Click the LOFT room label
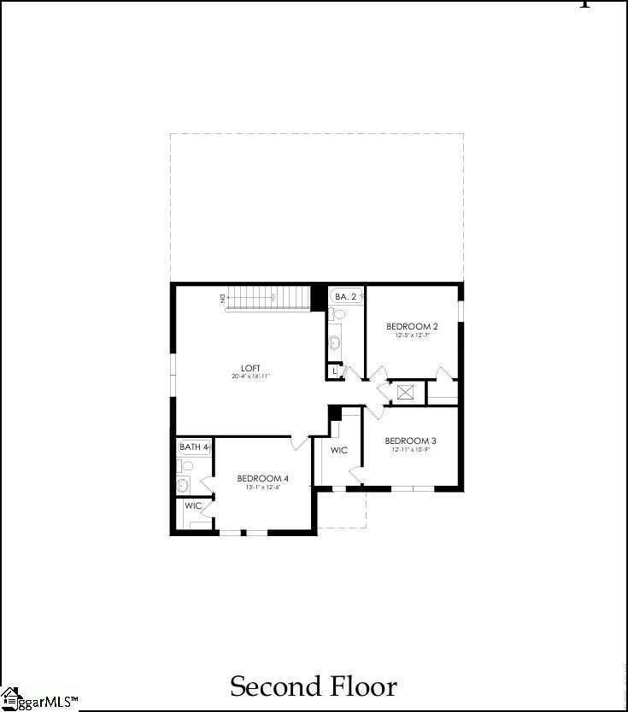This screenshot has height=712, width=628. pos(251,368)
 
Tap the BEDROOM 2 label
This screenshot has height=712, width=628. pos(412,326)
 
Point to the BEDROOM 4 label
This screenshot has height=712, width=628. pos(262,477)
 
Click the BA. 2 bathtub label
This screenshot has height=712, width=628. pos(345,296)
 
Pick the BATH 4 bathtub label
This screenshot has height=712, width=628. pos(194,446)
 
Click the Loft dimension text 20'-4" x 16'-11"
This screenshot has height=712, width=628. pos(251,376)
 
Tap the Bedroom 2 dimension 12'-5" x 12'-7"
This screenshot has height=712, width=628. pos(412,336)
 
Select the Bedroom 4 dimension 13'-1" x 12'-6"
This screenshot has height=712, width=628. pos(262,487)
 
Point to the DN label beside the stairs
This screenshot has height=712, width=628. pos(221,297)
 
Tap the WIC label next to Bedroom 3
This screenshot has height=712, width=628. pos(339,450)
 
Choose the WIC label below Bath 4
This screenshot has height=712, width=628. pos(194,505)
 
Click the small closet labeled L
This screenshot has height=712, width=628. pos(334,371)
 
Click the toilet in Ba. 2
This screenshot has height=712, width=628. pos(337,314)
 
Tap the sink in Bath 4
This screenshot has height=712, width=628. pos(183,486)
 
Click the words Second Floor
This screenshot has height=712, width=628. pos(314,686)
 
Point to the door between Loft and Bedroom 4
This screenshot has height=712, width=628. pos(299,442)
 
